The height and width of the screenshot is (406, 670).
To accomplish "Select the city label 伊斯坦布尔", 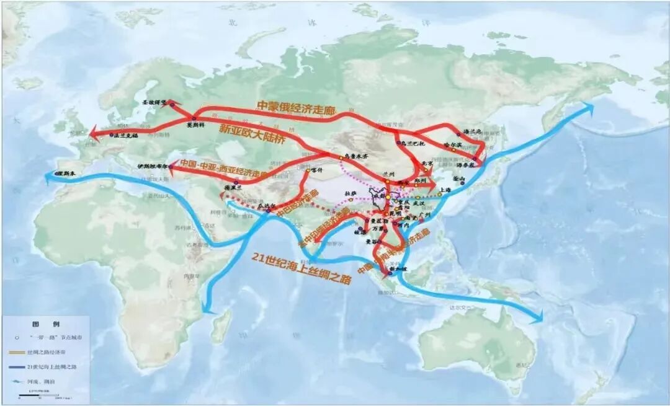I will pyautogui.click(x=152, y=166).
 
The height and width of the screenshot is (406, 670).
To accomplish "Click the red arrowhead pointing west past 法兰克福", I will pyautogui.click(x=93, y=132).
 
